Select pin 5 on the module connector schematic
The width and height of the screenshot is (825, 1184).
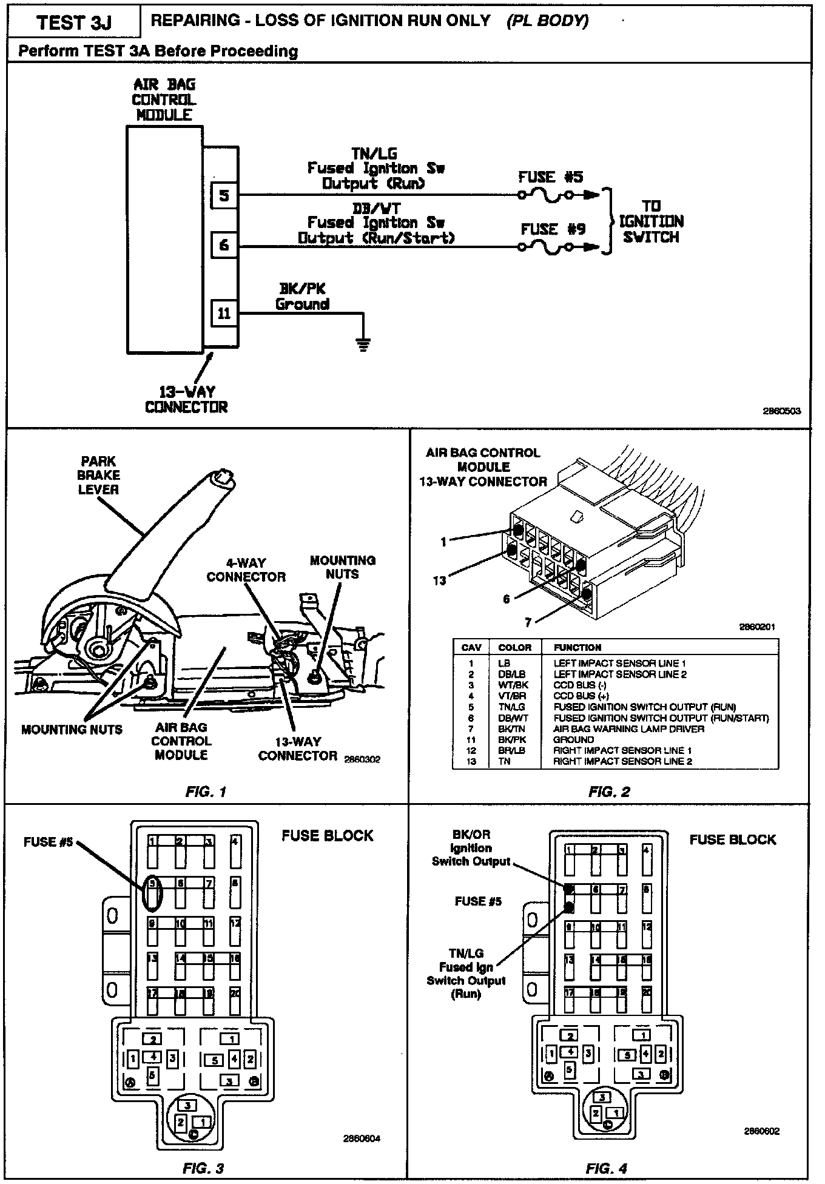(224, 195)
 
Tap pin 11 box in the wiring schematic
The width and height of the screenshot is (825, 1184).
(224, 314)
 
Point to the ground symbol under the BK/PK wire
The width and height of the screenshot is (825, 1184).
(363, 346)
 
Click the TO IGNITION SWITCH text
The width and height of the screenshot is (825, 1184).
(652, 221)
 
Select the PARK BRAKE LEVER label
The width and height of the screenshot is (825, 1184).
(99, 476)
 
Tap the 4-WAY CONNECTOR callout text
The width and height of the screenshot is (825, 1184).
(246, 570)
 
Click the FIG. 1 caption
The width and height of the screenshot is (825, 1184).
(206, 792)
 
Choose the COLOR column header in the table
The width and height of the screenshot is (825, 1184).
(514, 647)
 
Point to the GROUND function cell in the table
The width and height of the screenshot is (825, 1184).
(574, 739)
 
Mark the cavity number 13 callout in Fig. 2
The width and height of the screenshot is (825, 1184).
(439, 580)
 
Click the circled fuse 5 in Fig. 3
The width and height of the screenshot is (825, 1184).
(153, 891)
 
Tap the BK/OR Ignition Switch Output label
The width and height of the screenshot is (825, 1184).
(471, 848)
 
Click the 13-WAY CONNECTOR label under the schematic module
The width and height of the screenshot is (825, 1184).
(186, 399)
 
